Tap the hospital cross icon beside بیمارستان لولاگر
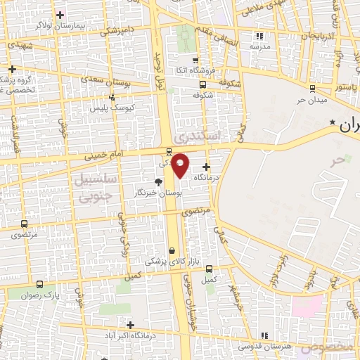pos(61,15)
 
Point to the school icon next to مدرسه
pos(260,35)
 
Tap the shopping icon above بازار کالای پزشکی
pos(172,250)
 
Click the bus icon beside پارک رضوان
pos(39,285)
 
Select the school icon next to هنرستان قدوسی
pos(264,336)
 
